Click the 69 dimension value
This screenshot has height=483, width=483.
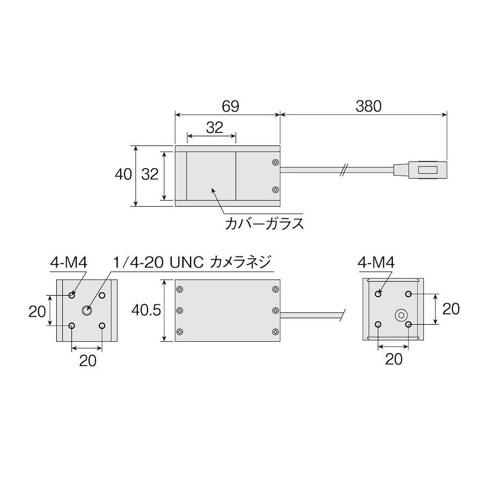tap(230, 106)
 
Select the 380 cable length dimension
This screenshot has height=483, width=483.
tap(368, 106)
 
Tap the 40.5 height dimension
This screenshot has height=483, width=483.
tap(146, 310)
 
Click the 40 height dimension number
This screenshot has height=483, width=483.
tap(123, 174)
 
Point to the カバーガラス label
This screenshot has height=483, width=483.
tap(264, 224)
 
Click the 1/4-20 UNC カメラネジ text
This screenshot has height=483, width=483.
tap(192, 262)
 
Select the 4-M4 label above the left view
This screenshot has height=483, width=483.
tap(69, 263)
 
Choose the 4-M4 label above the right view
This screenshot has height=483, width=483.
tap(376, 263)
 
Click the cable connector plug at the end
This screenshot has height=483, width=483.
tap(420, 170)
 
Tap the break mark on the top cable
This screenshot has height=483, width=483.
tap(344, 170)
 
